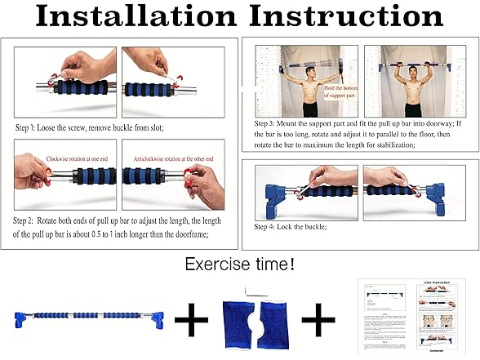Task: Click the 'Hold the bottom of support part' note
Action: [341, 91]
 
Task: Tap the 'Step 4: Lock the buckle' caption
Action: [291, 226]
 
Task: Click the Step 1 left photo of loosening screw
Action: [64, 80]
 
